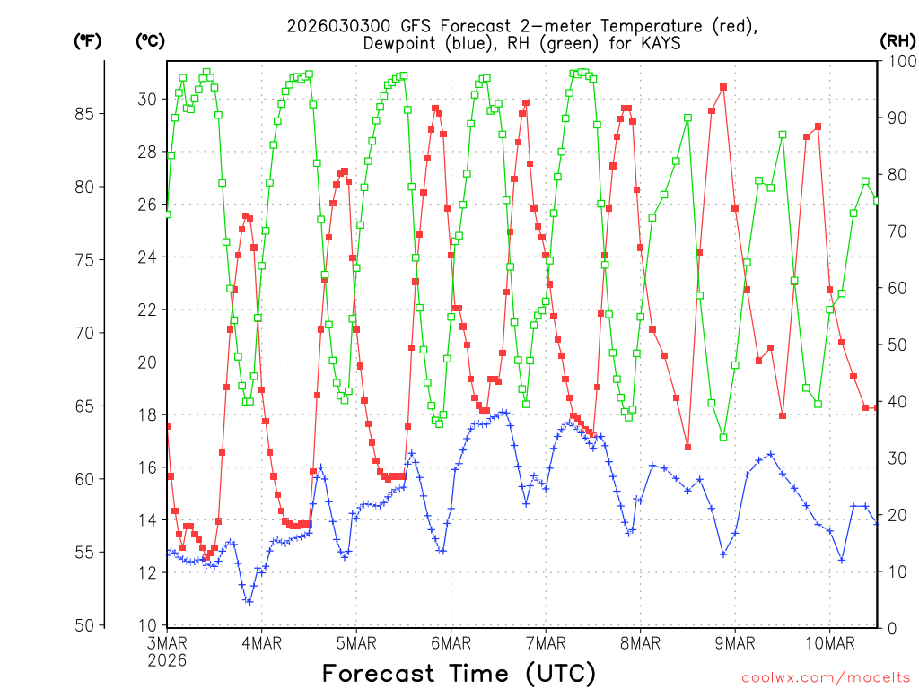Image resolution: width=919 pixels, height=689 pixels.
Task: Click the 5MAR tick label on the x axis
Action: coord(356,643)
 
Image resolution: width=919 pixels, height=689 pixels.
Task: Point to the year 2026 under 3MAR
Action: coord(167,660)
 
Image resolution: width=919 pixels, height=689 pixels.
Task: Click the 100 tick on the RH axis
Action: coord(898,61)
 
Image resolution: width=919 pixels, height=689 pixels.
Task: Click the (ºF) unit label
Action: coord(87,40)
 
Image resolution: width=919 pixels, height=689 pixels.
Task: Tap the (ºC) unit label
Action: coord(150,40)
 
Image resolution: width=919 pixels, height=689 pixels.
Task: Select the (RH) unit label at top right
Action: coord(897,40)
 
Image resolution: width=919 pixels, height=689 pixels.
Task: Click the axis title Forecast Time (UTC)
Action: coord(459,673)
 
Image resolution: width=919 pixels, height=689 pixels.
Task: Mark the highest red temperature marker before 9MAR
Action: coord(722,87)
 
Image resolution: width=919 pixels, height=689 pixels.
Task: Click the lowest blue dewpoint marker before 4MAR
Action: coord(249,601)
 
